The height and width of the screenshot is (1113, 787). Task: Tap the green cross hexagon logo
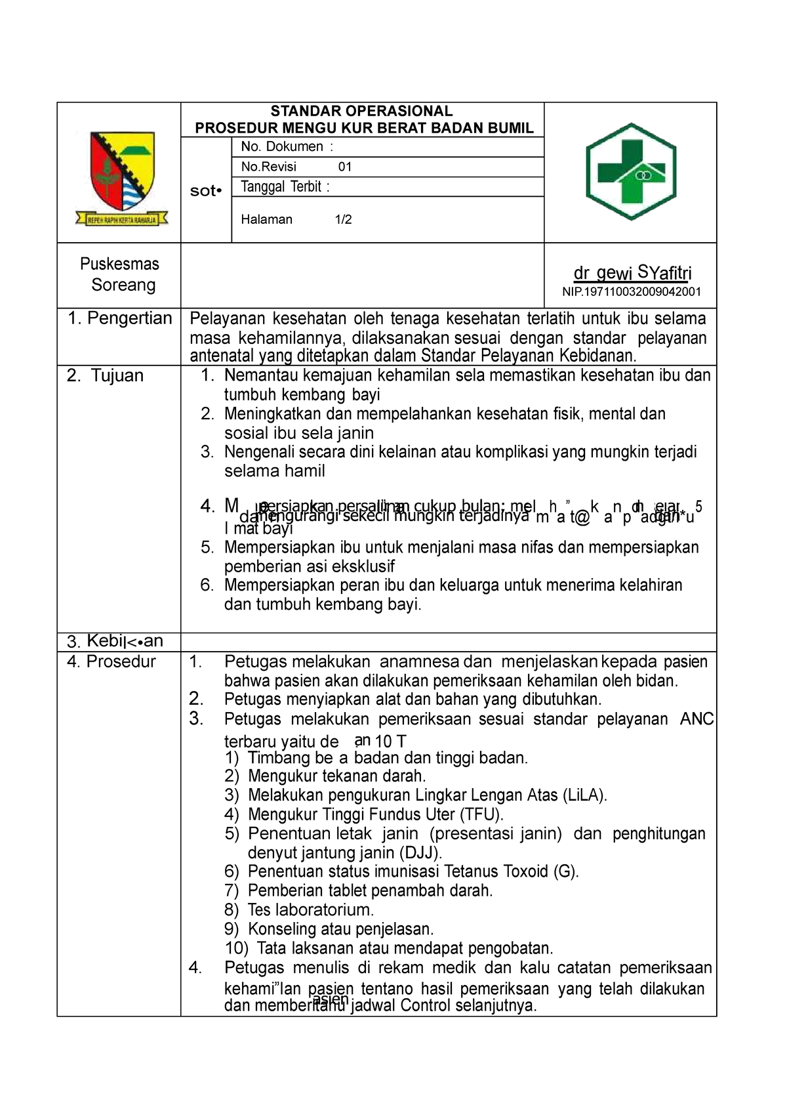[630, 171]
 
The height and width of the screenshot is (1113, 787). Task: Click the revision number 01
[345, 167]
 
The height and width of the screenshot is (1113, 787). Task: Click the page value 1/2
[343, 219]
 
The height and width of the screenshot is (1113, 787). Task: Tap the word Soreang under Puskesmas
[123, 285]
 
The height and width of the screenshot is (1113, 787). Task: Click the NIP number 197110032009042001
[632, 291]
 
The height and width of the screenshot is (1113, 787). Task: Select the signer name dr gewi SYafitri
[632, 272]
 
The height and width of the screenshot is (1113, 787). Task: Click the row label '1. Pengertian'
[120, 318]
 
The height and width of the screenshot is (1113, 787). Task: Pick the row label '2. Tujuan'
[105, 375]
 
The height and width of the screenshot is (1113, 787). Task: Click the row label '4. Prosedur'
[111, 661]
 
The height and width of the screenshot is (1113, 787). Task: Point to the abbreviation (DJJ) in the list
[420, 852]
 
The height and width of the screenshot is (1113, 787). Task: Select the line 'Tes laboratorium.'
[310, 910]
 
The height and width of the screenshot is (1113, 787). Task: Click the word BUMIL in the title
[511, 128]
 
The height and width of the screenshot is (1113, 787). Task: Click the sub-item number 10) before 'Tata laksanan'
[236, 948]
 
